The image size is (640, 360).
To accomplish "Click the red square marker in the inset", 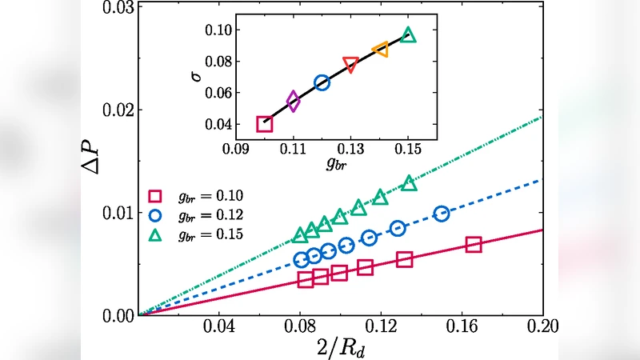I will [265, 124].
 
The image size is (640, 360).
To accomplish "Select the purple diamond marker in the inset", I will [294, 102].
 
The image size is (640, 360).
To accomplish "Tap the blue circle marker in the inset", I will [322, 82].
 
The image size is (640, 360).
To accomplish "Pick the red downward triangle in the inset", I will [350, 64].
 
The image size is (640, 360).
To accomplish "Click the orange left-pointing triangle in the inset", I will [380, 50].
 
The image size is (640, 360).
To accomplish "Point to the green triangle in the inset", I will [408, 35].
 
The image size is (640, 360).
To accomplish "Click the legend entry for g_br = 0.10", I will [196, 195].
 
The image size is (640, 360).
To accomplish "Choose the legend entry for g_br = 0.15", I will [196, 234].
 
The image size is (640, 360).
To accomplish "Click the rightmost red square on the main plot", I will [474, 245].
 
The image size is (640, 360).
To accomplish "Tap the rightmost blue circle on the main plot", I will [442, 214].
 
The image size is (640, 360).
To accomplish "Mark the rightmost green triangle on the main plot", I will [410, 183].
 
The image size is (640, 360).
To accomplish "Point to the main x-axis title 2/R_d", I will [341, 346].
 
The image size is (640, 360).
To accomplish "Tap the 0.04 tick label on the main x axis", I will [220, 328].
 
